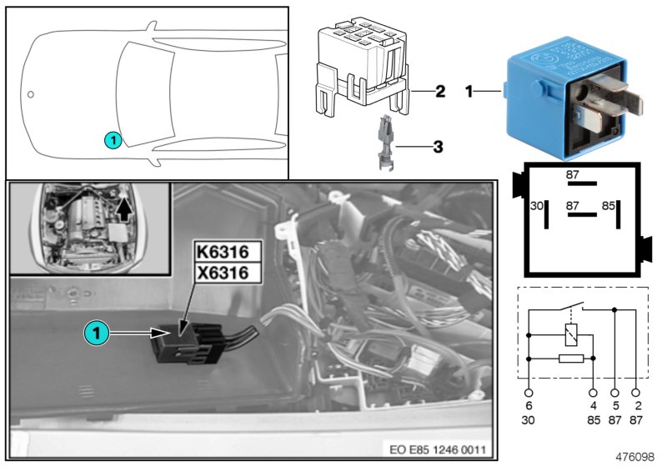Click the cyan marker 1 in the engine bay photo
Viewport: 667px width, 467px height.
(97, 334)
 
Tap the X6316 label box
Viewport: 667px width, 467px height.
(221, 273)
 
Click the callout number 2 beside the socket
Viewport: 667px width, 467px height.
(440, 91)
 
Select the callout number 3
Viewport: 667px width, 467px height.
(436, 148)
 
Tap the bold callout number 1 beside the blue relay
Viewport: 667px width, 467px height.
(470, 91)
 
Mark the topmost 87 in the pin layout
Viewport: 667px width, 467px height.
(572, 175)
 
